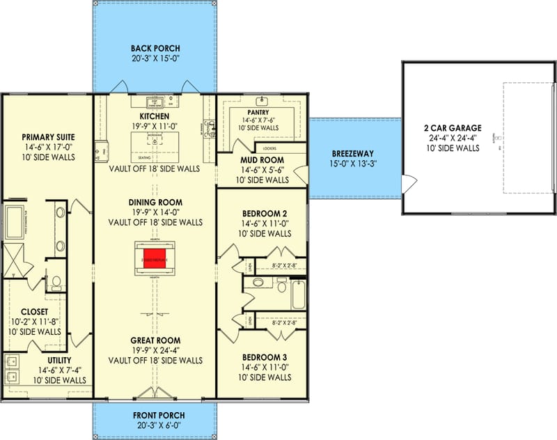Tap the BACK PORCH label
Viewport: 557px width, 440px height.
pyautogui.click(x=155, y=49)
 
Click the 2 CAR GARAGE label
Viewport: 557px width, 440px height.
pyautogui.click(x=452, y=127)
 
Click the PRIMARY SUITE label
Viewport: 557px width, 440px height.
pyautogui.click(x=48, y=137)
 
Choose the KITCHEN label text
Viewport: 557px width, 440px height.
pyautogui.click(x=155, y=116)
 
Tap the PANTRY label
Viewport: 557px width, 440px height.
pyautogui.click(x=263, y=111)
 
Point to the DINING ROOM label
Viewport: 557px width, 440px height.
pyautogui.click(x=155, y=203)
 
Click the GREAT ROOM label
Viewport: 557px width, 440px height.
pyautogui.click(x=155, y=341)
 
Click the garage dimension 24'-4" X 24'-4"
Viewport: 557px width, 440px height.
pyautogui.click(x=452, y=138)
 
